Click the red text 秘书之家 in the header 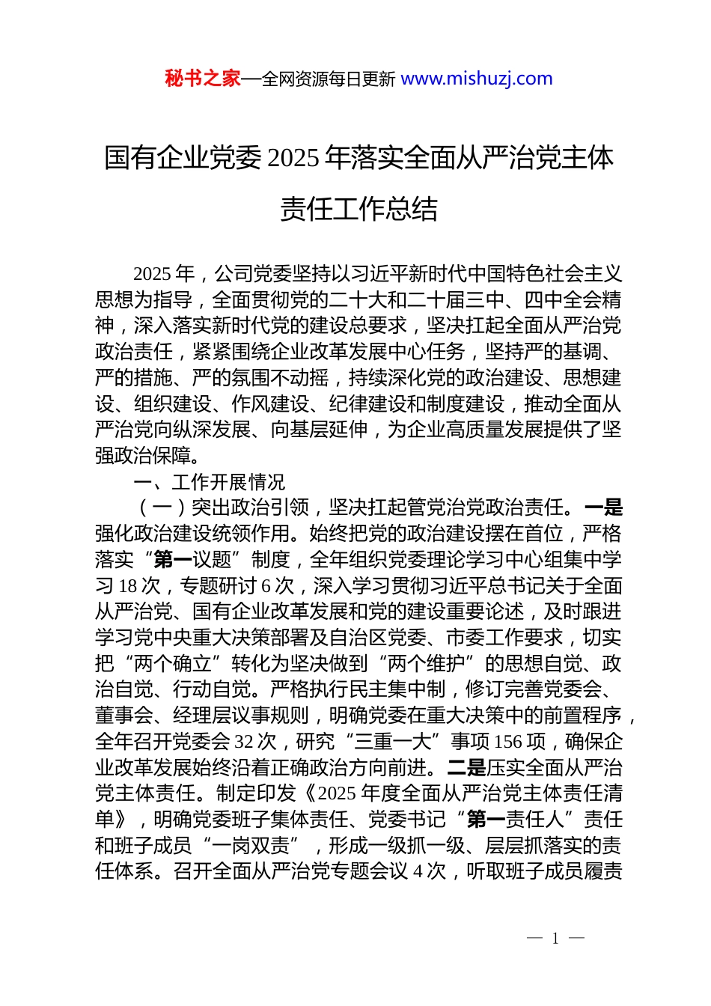click(203, 79)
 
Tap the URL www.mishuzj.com click(477, 79)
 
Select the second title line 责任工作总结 click(358, 209)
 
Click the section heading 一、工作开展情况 click(209, 482)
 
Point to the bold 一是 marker click(603, 507)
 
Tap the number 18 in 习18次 click(129, 585)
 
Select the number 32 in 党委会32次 click(244, 742)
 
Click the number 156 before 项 click(508, 742)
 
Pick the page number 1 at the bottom click(555, 939)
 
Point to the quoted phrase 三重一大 click(394, 742)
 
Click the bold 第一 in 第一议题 click(172, 560)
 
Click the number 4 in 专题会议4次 click(418, 871)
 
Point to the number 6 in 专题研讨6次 click(266, 585)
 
